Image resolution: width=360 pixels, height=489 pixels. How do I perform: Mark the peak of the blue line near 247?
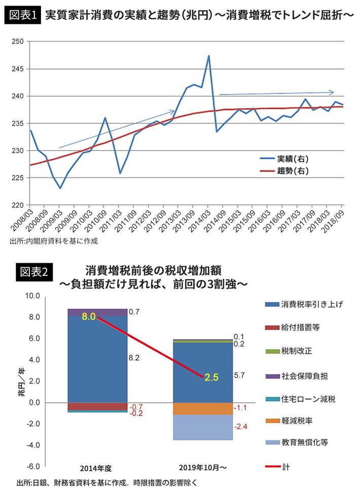pyautogui.click(x=209, y=56)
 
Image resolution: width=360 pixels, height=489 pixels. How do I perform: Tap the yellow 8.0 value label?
pyautogui.click(x=89, y=317)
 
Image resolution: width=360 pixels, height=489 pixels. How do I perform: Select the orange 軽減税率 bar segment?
pyautogui.click(x=203, y=408)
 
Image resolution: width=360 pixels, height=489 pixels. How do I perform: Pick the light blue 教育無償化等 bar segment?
pyautogui.click(x=203, y=427)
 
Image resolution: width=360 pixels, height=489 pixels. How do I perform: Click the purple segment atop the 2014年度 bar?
pyautogui.click(x=97, y=312)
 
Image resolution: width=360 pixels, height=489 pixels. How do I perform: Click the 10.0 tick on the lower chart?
pyautogui.click(x=25, y=296)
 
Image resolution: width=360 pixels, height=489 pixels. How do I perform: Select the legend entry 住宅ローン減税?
pyautogui.click(x=308, y=399)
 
